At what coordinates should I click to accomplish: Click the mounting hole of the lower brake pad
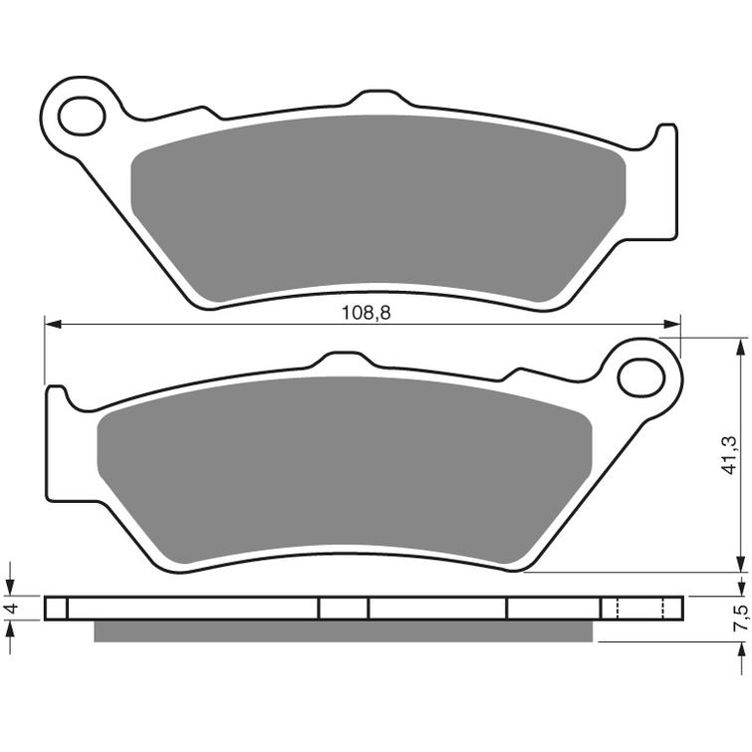(639, 377)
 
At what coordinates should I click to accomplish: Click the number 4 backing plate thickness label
(9, 609)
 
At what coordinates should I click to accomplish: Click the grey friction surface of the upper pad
(378, 209)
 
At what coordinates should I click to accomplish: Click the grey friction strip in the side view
(344, 630)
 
